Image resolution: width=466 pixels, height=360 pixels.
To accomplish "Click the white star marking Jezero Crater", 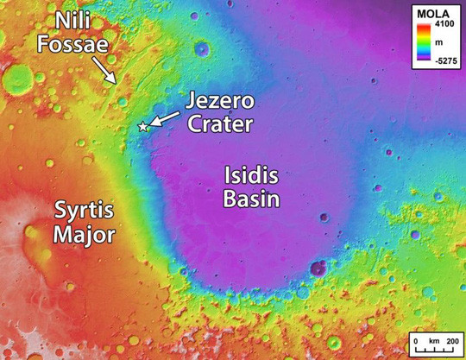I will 143,127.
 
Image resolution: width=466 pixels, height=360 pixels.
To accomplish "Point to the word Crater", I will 223,123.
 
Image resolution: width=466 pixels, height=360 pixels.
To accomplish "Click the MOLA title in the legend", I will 434,13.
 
